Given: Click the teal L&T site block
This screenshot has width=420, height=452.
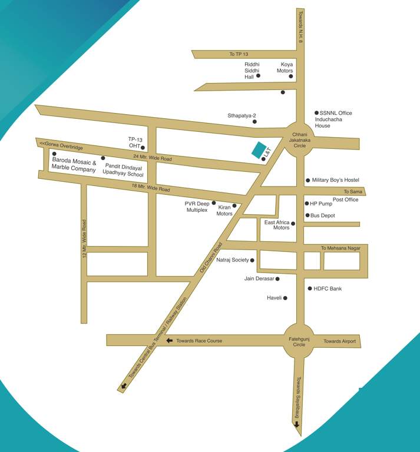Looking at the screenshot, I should coord(259,150).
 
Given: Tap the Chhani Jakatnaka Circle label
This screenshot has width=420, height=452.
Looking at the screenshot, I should coord(300,140).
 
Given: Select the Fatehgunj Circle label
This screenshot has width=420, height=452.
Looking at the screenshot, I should coord(299,341).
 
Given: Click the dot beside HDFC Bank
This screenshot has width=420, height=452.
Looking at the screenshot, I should coord(309,288).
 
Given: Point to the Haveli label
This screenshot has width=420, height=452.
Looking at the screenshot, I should coord(275,298).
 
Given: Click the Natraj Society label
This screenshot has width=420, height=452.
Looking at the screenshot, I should coord(232,260).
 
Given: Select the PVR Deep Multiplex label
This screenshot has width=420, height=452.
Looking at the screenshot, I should coord(197,206).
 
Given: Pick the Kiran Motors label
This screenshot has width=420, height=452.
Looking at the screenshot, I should coord(224,210).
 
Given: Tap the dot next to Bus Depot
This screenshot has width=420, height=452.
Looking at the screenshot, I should coord(307,215).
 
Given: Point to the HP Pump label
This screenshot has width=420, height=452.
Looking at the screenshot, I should coord(321,204).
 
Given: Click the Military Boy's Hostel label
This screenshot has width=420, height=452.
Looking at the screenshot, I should coord(335,180).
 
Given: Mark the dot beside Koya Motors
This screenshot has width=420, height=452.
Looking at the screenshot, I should coord(290,77).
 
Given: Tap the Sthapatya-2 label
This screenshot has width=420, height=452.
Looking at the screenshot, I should coord(242,116).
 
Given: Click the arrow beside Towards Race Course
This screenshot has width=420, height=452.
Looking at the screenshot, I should coord(170,341).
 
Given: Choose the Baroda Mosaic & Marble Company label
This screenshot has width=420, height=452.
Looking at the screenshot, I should coord(74,164).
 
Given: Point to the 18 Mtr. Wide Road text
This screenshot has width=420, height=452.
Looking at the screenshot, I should coord(151,188).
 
